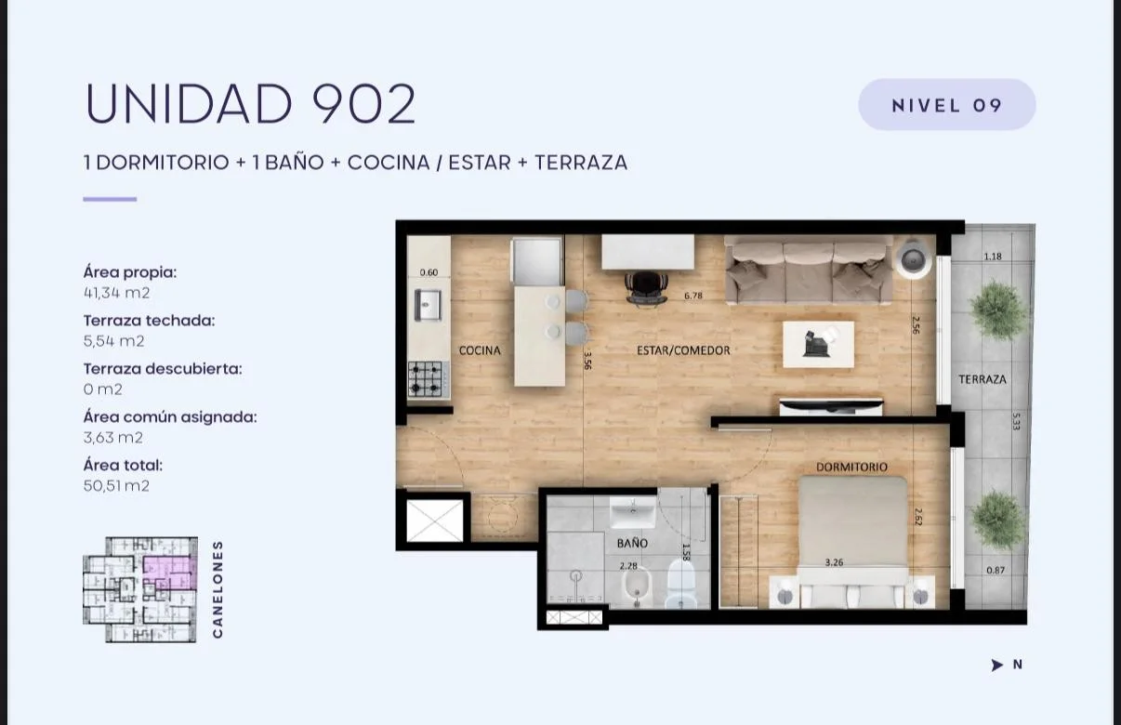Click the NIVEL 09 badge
pyautogui.click(x=947, y=105)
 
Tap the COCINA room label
pyautogui.click(x=480, y=350)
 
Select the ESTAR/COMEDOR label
pyautogui.click(x=683, y=350)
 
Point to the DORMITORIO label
pyautogui.click(x=851, y=467)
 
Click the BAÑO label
pyautogui.click(x=632, y=543)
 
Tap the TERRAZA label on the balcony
pyautogui.click(x=983, y=379)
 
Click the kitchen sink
pyautogui.click(x=428, y=305)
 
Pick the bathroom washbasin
pyautogui.click(x=633, y=512)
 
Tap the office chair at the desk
pyautogui.click(x=647, y=288)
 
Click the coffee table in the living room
pyautogui.click(x=818, y=344)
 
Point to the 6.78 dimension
pyautogui.click(x=693, y=296)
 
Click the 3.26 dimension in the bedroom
pyautogui.click(x=834, y=562)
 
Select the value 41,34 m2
pyautogui.click(x=116, y=293)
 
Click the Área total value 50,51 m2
pyautogui.click(x=116, y=486)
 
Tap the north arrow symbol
pyautogui.click(x=996, y=665)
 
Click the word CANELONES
pyautogui.click(x=218, y=589)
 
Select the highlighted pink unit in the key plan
pyautogui.click(x=169, y=572)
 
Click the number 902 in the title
pyautogui.click(x=363, y=103)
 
